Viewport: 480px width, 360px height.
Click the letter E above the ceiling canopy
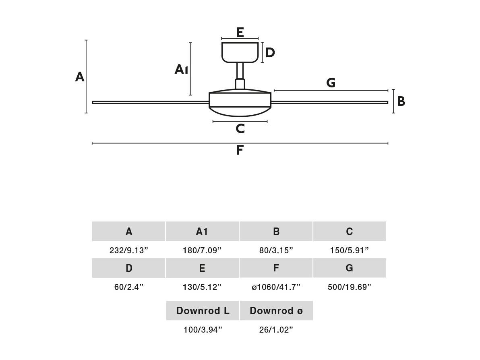coord(240,32)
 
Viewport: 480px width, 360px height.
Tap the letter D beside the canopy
coord(270,53)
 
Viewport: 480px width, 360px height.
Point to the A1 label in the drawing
coord(181,70)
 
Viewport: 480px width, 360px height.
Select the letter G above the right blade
coord(331,83)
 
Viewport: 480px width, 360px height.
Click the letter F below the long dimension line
coord(240,150)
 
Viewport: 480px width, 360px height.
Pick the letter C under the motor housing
coord(240,128)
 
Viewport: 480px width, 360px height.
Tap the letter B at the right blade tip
coord(401,101)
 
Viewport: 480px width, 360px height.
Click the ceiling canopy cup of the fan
coord(240,52)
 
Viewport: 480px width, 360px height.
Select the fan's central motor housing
coord(240,103)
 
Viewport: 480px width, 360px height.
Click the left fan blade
coord(150,102)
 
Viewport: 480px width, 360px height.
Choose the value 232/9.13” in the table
coord(128,250)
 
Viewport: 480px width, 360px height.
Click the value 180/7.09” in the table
coord(202,250)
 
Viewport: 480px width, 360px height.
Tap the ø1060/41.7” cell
coord(276,287)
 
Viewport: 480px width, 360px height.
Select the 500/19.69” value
coord(349,287)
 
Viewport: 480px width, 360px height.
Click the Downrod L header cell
coord(203,311)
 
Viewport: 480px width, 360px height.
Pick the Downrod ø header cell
coord(276,311)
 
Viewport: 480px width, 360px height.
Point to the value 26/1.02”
coord(276,330)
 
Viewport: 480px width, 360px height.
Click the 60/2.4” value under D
coord(128,287)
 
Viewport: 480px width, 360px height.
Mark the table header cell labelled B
coord(276,232)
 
